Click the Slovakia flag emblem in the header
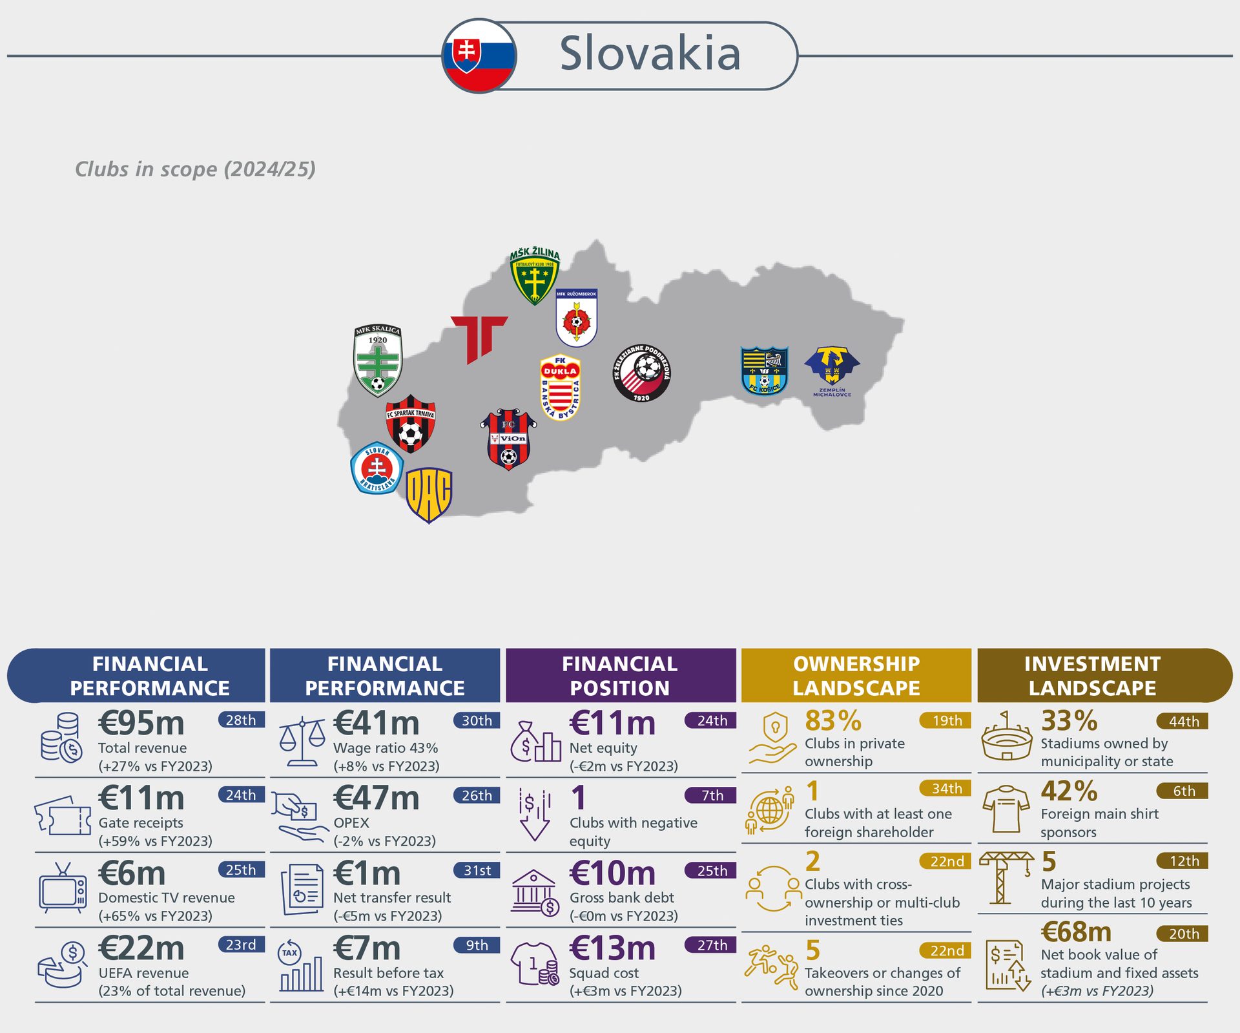(x=479, y=56)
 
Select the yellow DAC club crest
(x=429, y=494)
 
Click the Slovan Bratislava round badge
(x=377, y=469)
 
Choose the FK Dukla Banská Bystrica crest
(x=560, y=387)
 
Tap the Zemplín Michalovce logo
(x=832, y=370)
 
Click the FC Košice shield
(x=765, y=371)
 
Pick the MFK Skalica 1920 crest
(x=378, y=360)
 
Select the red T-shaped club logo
(x=479, y=338)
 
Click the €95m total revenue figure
(x=141, y=724)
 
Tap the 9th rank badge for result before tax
(x=477, y=945)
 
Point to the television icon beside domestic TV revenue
(x=63, y=889)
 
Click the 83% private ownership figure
(x=833, y=721)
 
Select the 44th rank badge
(x=1183, y=721)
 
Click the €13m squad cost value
(x=612, y=949)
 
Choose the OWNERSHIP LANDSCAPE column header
(x=856, y=676)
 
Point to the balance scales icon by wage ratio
(x=302, y=740)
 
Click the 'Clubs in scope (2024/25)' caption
(x=195, y=169)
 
